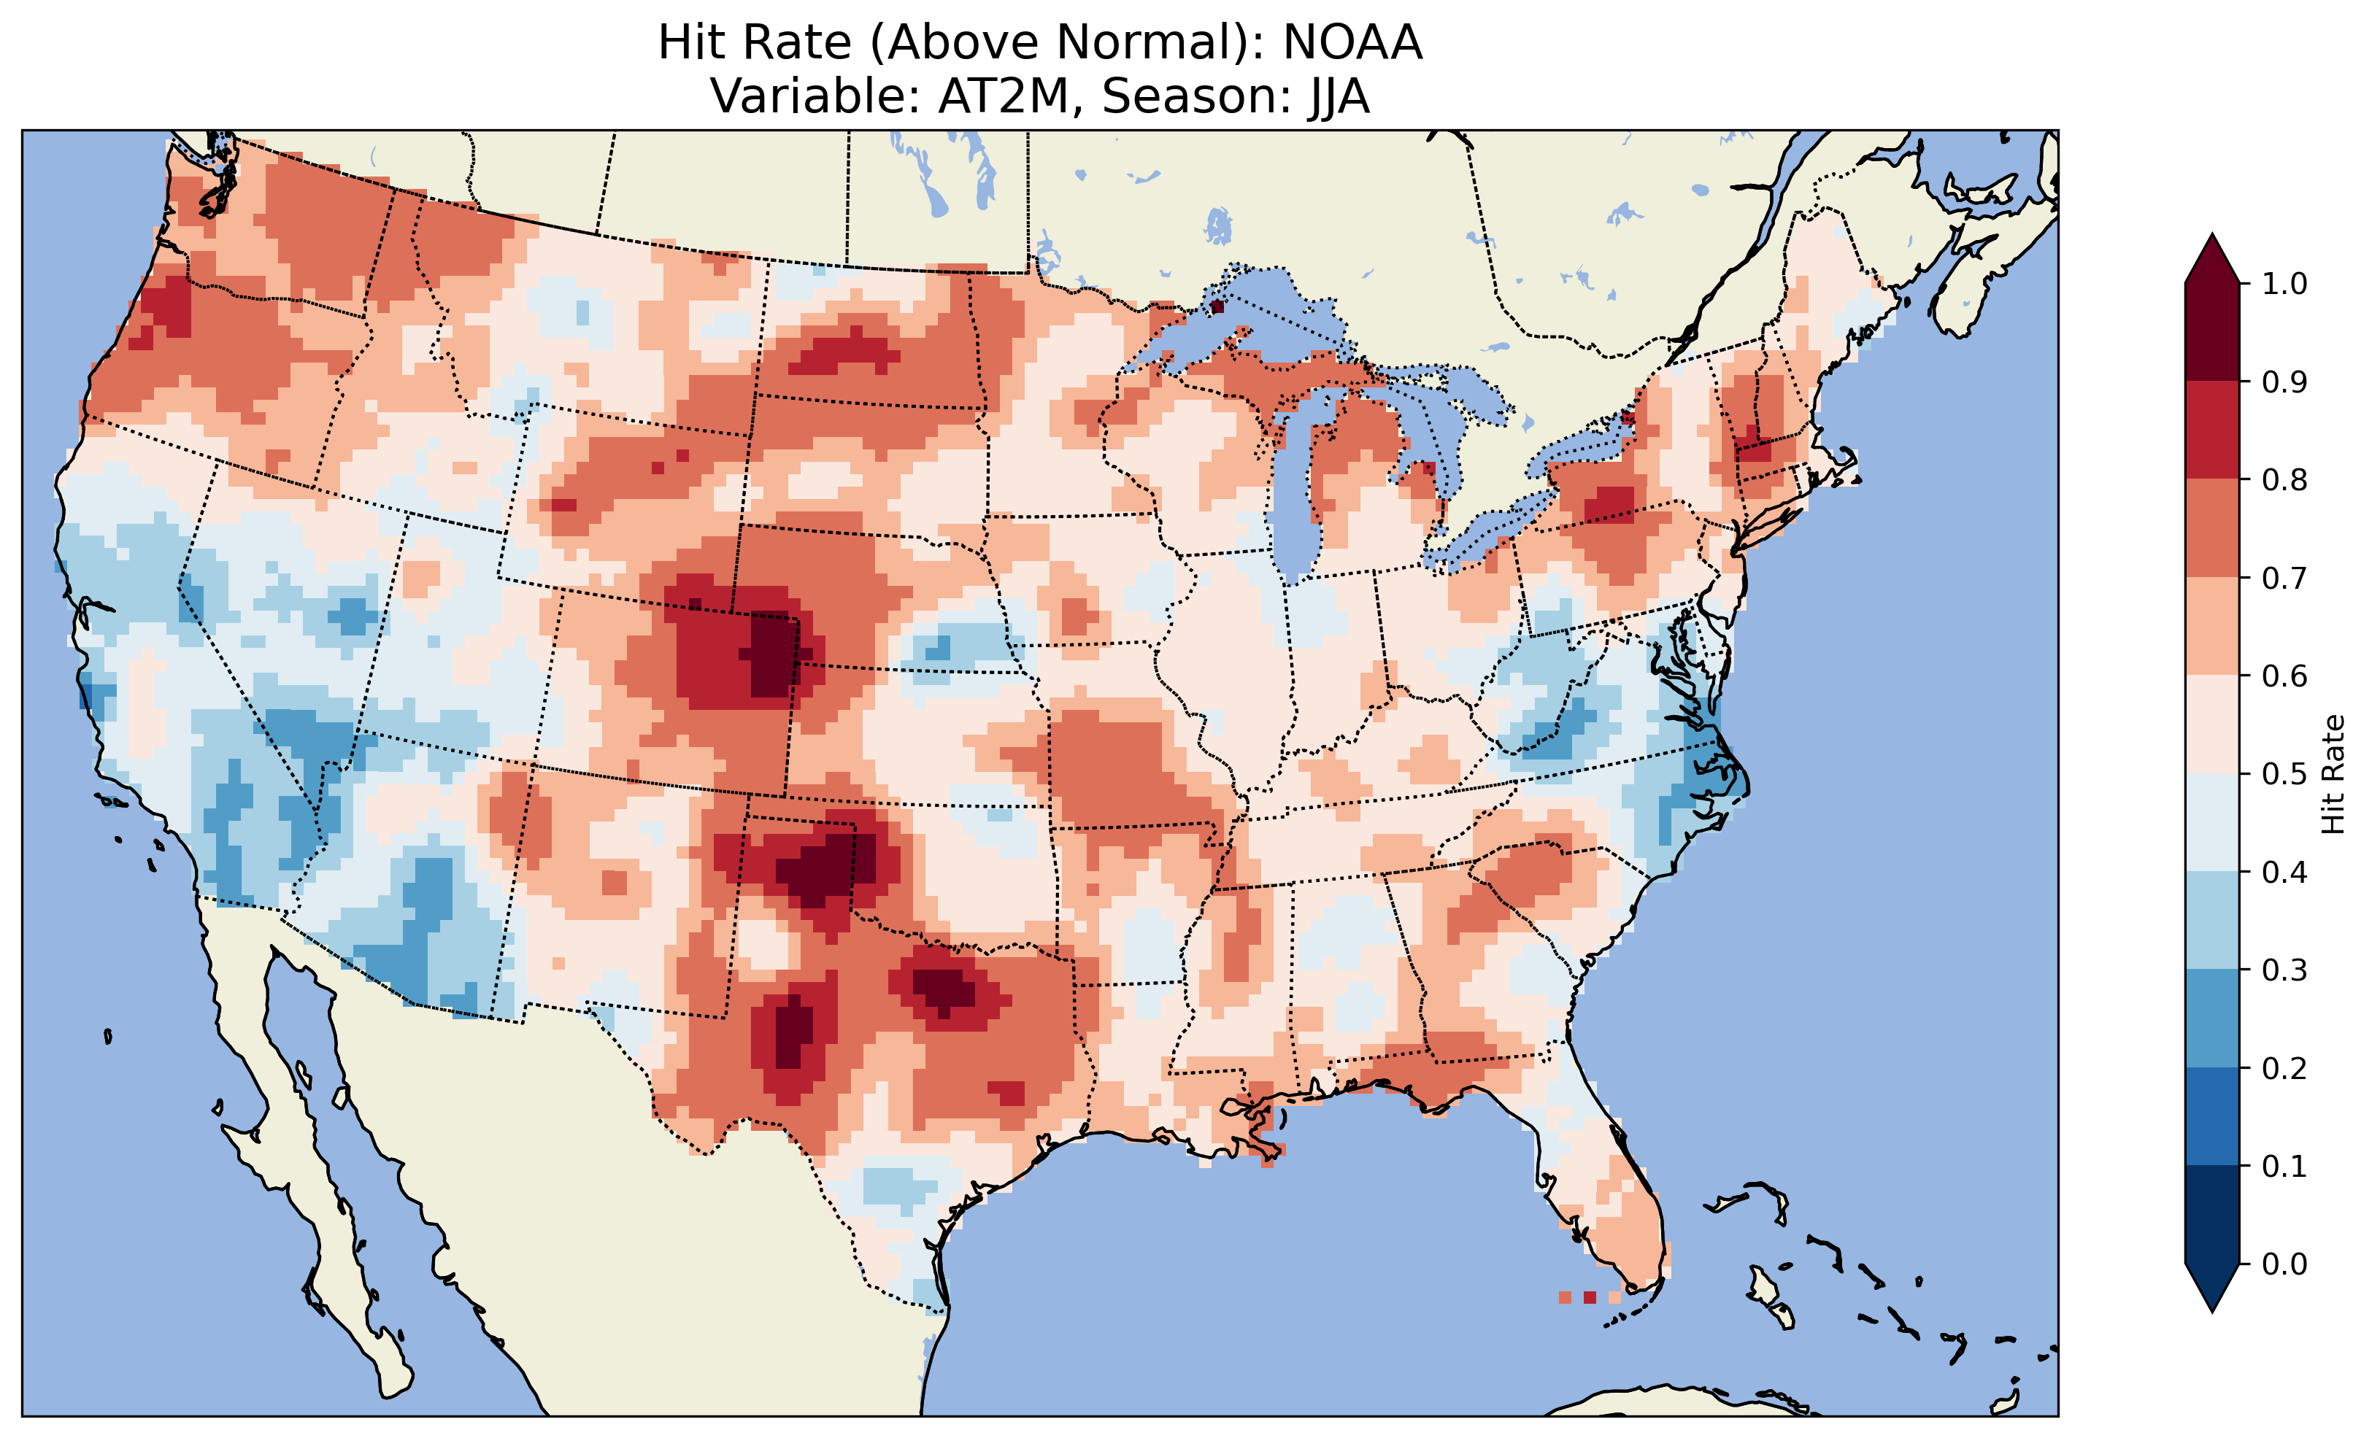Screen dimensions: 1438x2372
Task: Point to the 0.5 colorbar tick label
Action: [2284, 774]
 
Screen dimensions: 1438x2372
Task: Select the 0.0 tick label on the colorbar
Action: [2284, 1264]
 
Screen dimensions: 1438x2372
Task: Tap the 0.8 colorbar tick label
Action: [2284, 479]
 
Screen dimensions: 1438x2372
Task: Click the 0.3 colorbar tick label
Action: [2284, 970]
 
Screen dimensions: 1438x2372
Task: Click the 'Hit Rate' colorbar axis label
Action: [2333, 774]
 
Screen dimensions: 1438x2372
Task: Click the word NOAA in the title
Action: [1352, 43]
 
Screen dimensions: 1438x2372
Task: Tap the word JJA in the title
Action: [1338, 96]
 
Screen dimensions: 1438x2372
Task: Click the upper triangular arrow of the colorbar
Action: [2212, 260]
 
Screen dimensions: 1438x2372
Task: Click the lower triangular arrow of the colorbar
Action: [2212, 1288]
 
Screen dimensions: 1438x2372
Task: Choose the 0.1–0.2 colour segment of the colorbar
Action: [2212, 1116]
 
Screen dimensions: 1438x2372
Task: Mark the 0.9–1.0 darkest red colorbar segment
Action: [2212, 332]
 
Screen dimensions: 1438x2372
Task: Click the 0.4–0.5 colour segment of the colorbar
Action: [2212, 823]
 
